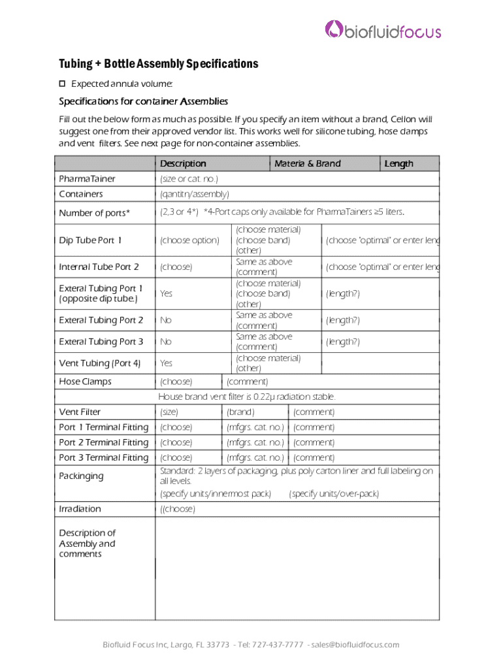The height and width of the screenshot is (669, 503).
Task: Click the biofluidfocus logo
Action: click(383, 30)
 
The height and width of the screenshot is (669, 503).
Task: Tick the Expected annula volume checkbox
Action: click(63, 84)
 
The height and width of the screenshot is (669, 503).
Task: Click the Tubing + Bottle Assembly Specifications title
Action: click(159, 64)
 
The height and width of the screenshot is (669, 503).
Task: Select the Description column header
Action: click(183, 163)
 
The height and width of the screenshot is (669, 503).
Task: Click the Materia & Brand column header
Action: click(308, 163)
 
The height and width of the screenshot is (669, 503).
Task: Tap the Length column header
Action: click(398, 163)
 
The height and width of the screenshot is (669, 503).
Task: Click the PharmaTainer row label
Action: click(87, 179)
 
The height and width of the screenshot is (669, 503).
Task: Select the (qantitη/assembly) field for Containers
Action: click(195, 194)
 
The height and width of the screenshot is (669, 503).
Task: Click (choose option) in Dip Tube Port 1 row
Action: click(189, 240)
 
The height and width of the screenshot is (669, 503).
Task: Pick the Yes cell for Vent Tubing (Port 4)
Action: click(167, 363)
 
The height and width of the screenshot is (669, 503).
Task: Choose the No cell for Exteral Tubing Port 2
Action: click(166, 320)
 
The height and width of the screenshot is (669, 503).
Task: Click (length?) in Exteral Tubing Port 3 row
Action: click(343, 342)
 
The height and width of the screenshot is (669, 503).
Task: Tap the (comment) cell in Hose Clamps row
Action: click(247, 382)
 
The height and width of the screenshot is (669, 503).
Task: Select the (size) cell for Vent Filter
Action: click(169, 412)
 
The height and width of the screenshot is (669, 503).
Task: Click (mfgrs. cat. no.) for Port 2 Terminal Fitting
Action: click(255, 443)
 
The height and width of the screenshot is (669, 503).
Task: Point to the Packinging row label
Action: click(81, 476)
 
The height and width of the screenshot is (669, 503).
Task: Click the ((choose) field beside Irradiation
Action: click(178, 510)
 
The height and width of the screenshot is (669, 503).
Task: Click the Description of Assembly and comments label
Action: click(87, 544)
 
